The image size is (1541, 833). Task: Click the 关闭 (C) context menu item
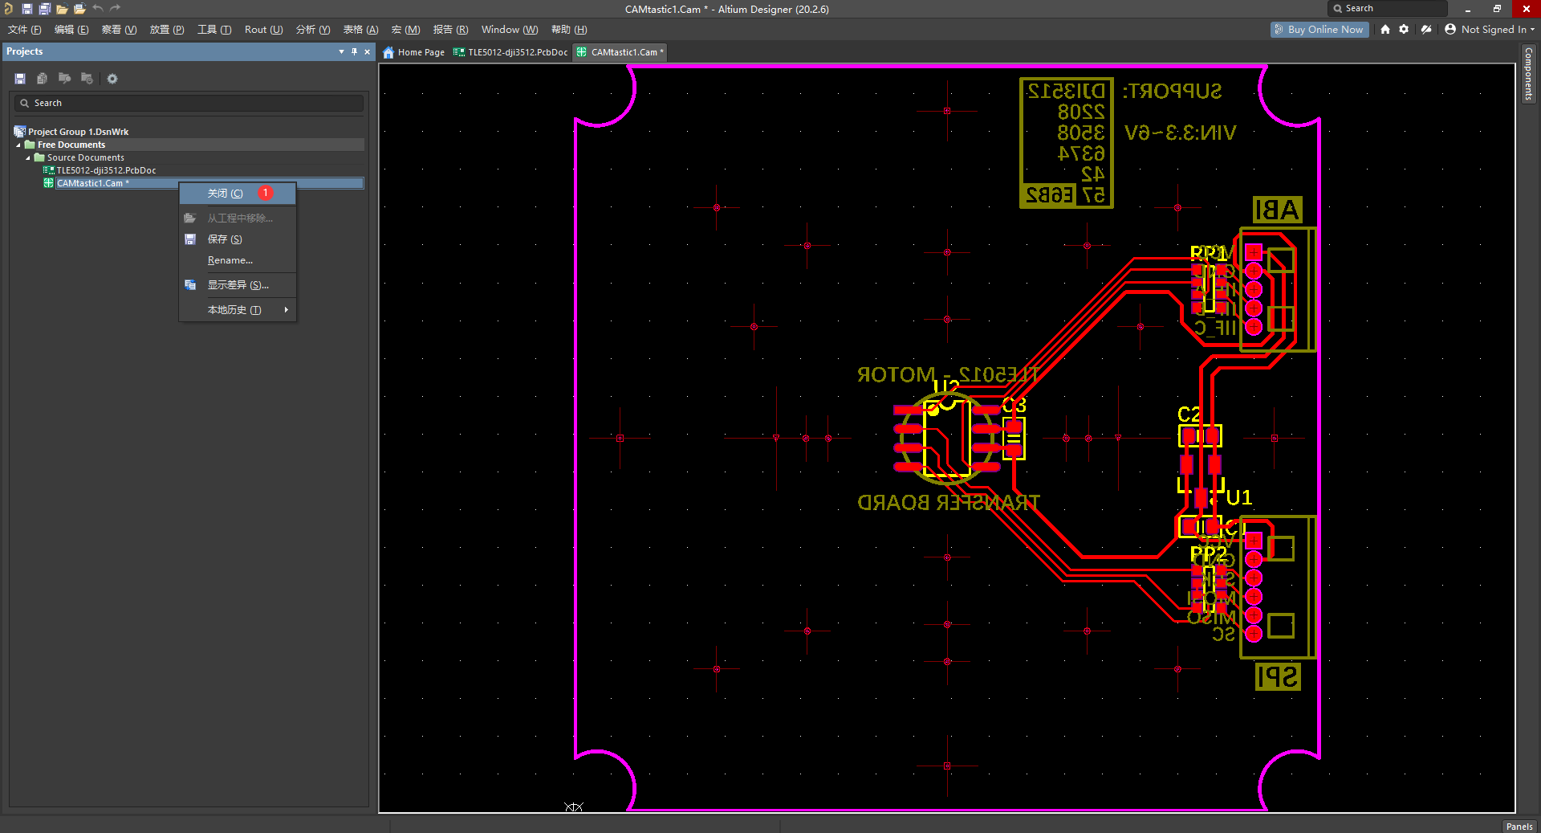(x=225, y=194)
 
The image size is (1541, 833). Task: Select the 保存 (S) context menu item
(x=225, y=239)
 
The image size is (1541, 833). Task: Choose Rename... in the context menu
(x=230, y=260)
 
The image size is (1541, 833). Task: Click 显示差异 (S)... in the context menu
(x=238, y=285)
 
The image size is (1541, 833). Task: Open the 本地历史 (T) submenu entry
(x=234, y=310)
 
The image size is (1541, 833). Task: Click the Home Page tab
(x=414, y=52)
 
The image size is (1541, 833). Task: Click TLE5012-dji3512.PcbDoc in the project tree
(x=106, y=170)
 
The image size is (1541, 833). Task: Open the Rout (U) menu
(x=263, y=30)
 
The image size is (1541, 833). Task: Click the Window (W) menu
(x=509, y=30)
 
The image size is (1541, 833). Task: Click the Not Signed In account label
(x=1493, y=30)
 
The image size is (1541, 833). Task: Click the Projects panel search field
(x=189, y=103)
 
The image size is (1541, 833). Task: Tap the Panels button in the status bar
(x=1519, y=826)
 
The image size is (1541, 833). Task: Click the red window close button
(x=1526, y=9)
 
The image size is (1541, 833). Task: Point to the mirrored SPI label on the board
(x=1278, y=676)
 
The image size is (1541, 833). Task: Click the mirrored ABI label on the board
(x=1277, y=210)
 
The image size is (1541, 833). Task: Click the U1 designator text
(x=1238, y=498)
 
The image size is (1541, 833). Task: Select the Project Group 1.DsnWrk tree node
(x=78, y=132)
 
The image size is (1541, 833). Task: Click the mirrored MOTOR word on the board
(x=896, y=375)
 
